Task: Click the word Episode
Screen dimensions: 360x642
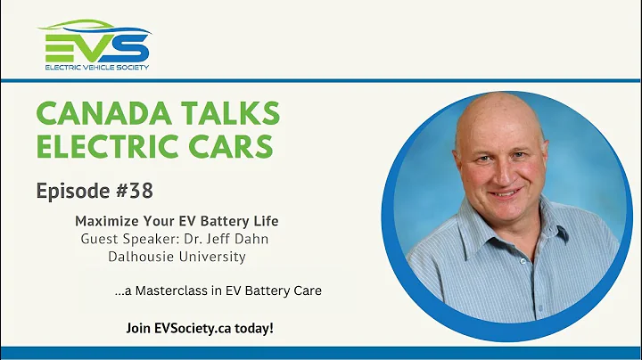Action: point(70,192)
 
